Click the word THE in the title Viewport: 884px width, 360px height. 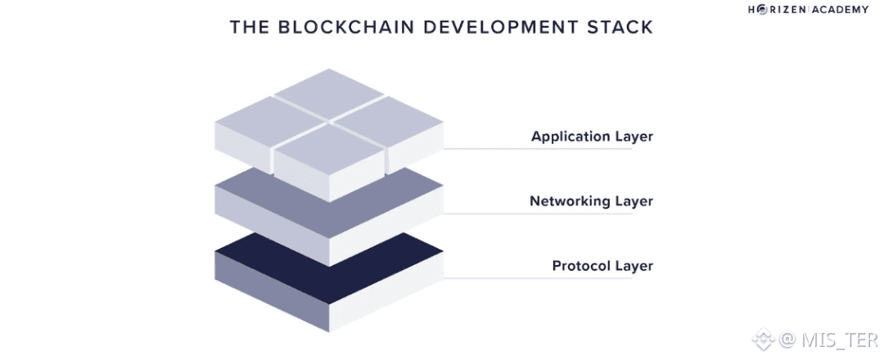tap(249, 27)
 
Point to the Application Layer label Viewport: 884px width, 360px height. tap(592, 137)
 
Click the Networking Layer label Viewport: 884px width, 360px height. tap(591, 200)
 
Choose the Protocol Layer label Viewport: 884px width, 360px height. tap(602, 266)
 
